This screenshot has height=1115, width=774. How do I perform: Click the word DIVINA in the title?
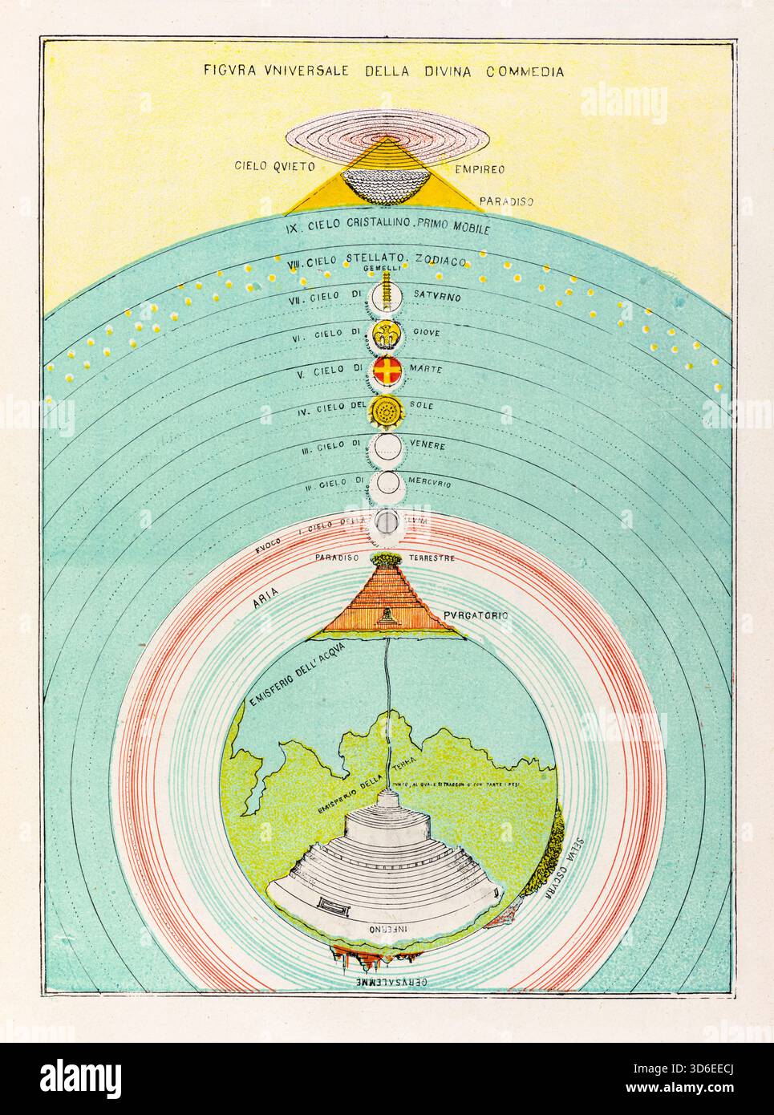[x=444, y=71]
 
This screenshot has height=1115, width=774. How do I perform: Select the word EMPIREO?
[x=460, y=170]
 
